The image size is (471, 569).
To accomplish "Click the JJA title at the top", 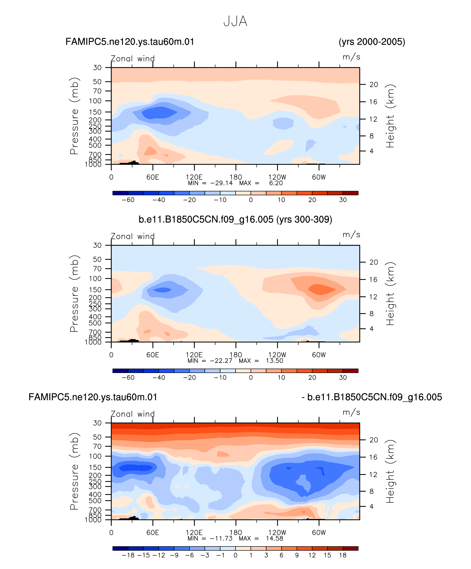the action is click(235, 21).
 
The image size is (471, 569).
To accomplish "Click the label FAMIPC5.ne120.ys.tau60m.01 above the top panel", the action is click(130, 42).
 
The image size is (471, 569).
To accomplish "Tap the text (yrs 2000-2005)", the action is click(372, 42).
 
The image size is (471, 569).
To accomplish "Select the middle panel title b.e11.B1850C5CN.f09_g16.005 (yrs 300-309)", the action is click(235, 219).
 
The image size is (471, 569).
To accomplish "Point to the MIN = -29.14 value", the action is click(210, 183).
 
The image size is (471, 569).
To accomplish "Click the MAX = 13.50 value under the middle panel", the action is click(261, 361).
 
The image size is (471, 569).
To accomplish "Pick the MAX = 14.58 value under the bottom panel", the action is click(261, 538).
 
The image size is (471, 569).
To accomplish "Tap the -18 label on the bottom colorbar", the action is click(128, 555).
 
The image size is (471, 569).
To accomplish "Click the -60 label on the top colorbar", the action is click(128, 200).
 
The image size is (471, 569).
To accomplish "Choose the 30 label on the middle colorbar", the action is click(343, 377).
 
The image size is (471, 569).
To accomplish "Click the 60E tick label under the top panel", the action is click(153, 177).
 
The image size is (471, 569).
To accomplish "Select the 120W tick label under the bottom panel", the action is click(277, 532).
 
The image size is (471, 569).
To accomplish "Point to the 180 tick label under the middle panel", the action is click(236, 355).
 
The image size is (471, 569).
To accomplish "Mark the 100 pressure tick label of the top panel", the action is click(95, 101).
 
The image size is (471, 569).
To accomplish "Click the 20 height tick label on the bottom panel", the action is click(373, 440).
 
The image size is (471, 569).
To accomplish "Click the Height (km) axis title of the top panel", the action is click(390, 116).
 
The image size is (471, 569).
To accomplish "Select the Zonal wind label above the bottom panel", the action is click(132, 414).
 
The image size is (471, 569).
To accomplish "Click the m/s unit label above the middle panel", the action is click(351, 235).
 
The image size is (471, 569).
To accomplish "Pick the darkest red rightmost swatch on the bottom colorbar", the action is click(350, 548).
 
